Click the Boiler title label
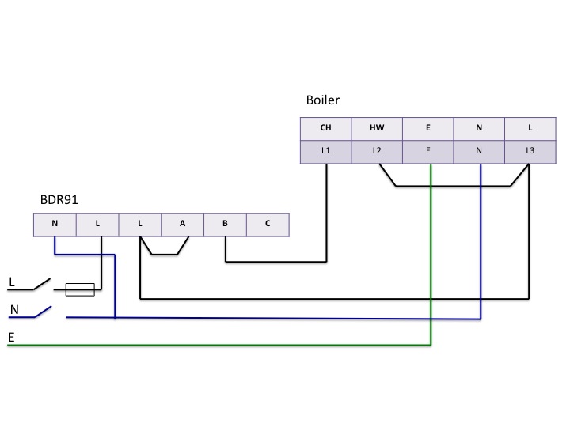[x=323, y=100]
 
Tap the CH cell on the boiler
[x=325, y=128]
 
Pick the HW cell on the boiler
[x=376, y=128]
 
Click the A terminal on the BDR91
[x=182, y=224]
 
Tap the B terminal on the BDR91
[x=225, y=224]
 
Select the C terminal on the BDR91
[x=268, y=224]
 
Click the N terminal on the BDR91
[x=55, y=224]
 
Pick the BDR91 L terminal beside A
[x=139, y=224]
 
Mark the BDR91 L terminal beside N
[x=97, y=224]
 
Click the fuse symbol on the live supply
[x=80, y=290]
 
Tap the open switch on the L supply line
[x=38, y=283]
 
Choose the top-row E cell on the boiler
[x=427, y=128]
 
